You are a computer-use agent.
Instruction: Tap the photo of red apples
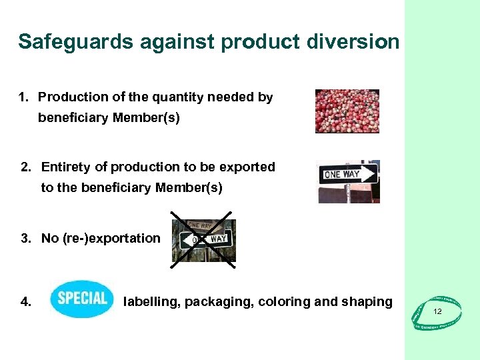pyautogui.click(x=347, y=111)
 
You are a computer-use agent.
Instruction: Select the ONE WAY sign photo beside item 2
pyautogui.click(x=349, y=181)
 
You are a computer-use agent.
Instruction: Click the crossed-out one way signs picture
pyautogui.click(x=203, y=239)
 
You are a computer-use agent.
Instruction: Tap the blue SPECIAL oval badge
pyautogui.click(x=82, y=298)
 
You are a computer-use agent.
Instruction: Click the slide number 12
pyautogui.click(x=437, y=312)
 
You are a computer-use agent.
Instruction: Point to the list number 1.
pyautogui.click(x=23, y=97)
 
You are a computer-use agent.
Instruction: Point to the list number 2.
pyautogui.click(x=26, y=167)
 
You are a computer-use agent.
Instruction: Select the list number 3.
pyautogui.click(x=26, y=239)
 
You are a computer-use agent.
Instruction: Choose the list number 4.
pyautogui.click(x=26, y=302)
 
